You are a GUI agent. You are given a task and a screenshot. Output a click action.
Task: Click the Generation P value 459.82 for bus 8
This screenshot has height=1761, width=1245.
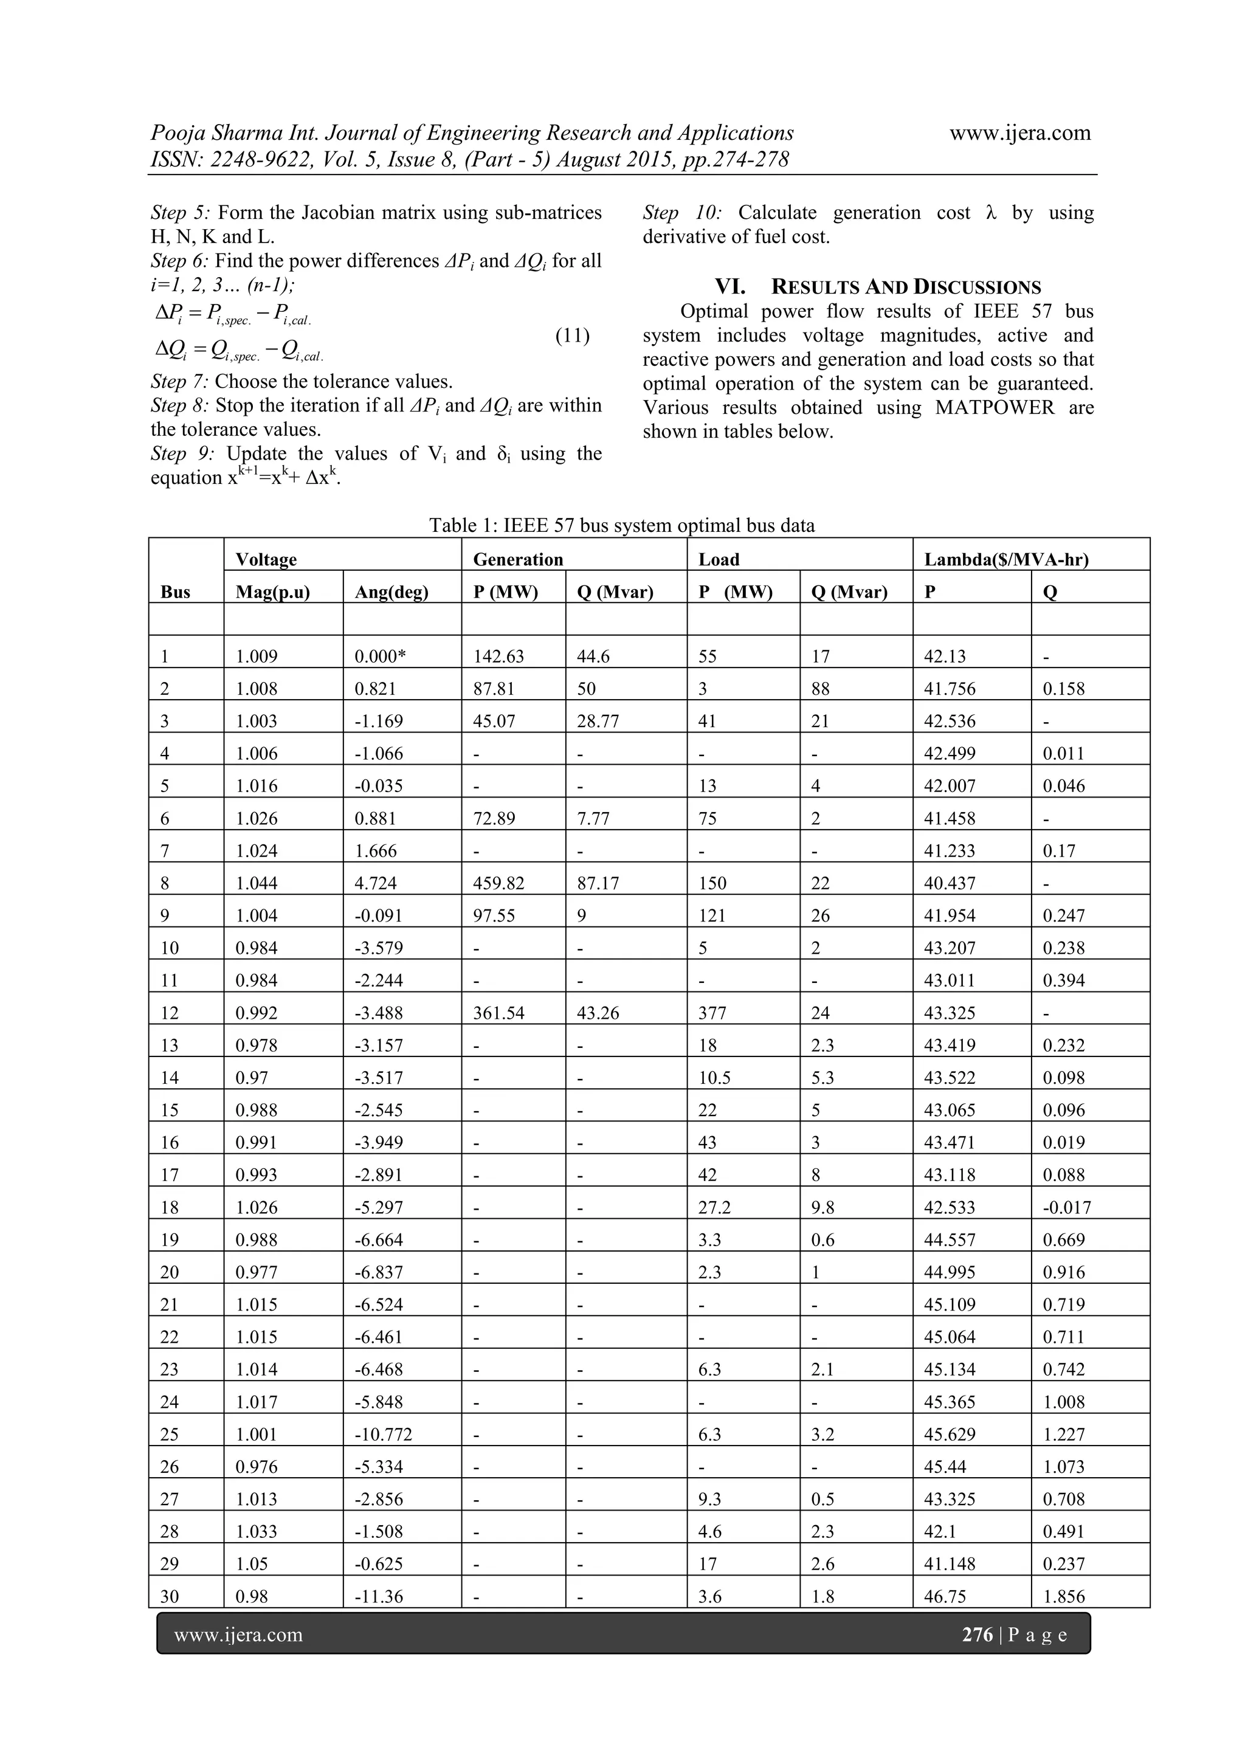pyautogui.click(x=498, y=883)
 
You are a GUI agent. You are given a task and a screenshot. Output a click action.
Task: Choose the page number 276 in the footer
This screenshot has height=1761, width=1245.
pyautogui.click(x=976, y=1635)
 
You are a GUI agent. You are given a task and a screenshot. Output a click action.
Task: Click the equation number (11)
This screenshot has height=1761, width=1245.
pyautogui.click(x=572, y=336)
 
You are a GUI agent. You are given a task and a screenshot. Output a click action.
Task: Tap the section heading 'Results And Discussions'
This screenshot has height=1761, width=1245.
pyautogui.click(x=878, y=288)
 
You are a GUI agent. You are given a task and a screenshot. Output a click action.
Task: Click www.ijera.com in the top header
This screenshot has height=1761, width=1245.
pyautogui.click(x=1019, y=134)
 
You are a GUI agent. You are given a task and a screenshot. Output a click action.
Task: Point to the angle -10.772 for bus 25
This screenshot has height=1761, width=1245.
pyautogui.click(x=383, y=1434)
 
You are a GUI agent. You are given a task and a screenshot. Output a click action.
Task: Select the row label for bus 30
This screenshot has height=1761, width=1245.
pyautogui.click(x=169, y=1597)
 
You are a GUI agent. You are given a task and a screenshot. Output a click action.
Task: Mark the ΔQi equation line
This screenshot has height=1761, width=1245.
pyautogui.click(x=240, y=352)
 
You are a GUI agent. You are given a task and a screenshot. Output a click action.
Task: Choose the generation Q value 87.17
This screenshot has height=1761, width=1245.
pyautogui.click(x=598, y=883)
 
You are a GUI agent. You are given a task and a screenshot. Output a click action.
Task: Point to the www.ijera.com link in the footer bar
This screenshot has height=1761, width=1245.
pyautogui.click(x=238, y=1635)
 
